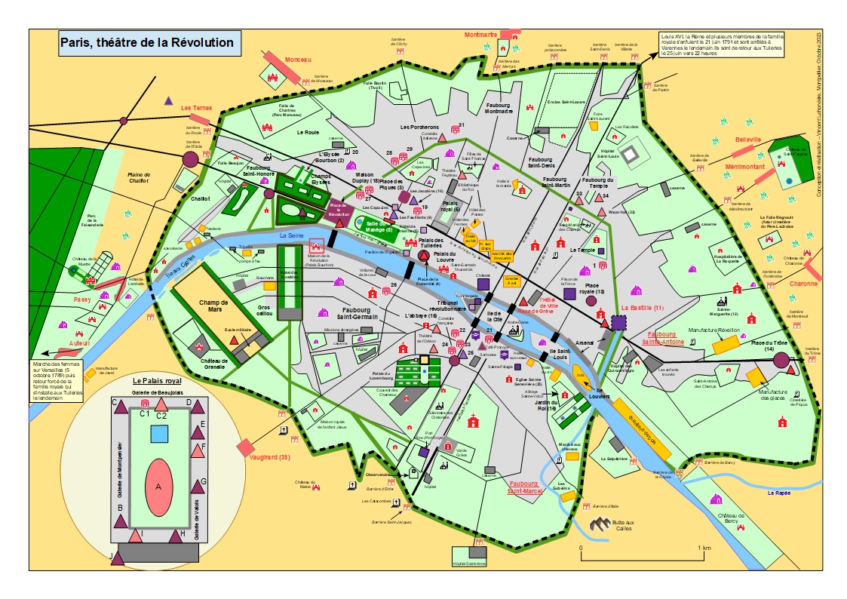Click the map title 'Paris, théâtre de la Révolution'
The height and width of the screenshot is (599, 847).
pos(147,42)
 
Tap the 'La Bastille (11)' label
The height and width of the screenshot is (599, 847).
pos(643,309)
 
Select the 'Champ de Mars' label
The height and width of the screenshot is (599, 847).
pos(213,306)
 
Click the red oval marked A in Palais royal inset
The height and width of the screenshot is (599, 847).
pos(158,487)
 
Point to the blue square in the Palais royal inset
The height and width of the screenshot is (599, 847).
pos(159,434)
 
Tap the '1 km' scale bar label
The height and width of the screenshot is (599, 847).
pos(705,548)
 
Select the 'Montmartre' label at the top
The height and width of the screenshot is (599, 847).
pos(481,35)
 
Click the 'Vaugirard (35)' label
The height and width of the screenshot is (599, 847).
pos(273,457)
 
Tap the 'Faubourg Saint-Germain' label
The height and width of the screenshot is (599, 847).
pos(356,314)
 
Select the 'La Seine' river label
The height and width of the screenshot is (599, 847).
pos(290,236)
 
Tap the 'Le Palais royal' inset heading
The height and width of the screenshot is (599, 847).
pos(158,380)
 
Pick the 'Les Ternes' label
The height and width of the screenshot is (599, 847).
pos(196,108)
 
